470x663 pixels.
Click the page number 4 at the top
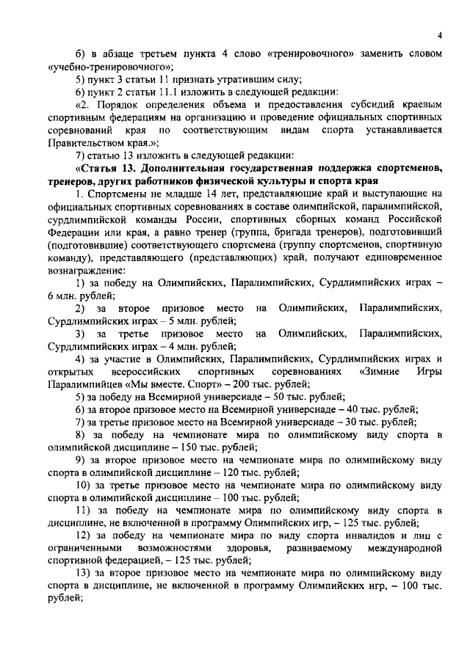438,34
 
